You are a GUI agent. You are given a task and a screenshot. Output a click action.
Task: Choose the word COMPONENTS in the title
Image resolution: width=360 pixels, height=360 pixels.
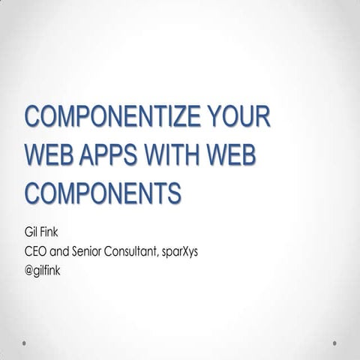[103, 192]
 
